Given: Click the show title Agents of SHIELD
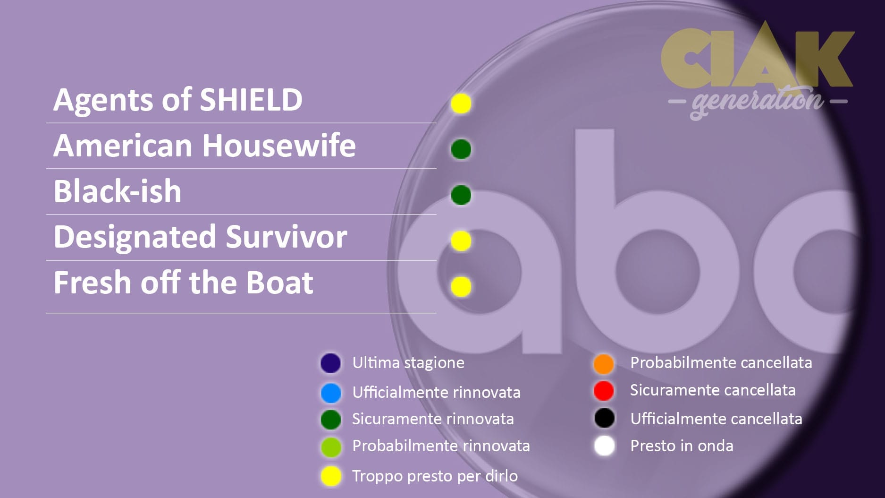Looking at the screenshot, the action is tap(178, 100).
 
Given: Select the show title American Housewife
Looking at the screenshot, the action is tap(204, 146).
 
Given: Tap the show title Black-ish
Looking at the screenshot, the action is tap(118, 191).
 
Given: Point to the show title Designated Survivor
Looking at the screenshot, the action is tap(200, 237).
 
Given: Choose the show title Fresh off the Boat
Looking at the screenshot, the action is tap(183, 283).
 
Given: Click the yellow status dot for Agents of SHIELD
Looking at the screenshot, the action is tap(461, 103).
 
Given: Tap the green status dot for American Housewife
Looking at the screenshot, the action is tap(461, 149).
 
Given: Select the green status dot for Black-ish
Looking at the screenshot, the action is tap(461, 195).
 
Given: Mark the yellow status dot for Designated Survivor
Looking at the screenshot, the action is tap(461, 241).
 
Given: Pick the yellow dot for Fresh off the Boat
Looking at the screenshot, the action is tap(461, 286).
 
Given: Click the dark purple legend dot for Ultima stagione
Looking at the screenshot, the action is tap(330, 363).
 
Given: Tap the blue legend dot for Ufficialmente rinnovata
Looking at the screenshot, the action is tap(330, 393).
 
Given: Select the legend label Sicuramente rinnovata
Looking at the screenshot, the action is tap(433, 419).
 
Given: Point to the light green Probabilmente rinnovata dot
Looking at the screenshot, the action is tap(330, 446).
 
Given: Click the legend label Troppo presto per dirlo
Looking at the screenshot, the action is tap(435, 476).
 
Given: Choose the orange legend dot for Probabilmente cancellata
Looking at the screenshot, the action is tap(604, 364).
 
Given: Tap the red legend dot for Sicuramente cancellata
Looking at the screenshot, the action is tap(604, 391).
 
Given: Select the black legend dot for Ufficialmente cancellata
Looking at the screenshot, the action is tap(604, 418).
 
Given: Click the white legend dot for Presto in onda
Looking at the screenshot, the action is tap(604, 446).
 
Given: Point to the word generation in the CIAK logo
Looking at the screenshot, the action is tap(758, 101).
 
